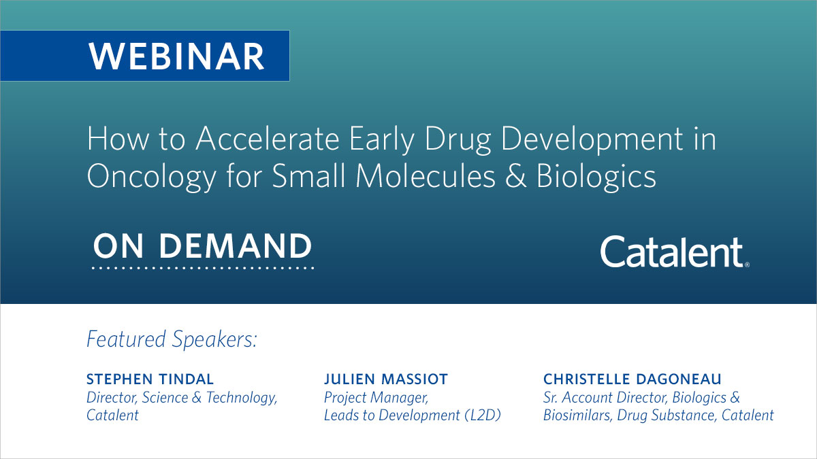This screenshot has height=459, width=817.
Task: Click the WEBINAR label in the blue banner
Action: tap(176, 56)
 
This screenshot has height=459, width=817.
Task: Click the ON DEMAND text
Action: tap(202, 246)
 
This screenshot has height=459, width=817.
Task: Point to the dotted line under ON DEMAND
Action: tap(202, 269)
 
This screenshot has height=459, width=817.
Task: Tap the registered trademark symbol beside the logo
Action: tap(747, 265)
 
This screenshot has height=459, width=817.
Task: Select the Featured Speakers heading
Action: tap(172, 339)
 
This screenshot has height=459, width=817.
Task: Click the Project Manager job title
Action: tap(376, 397)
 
